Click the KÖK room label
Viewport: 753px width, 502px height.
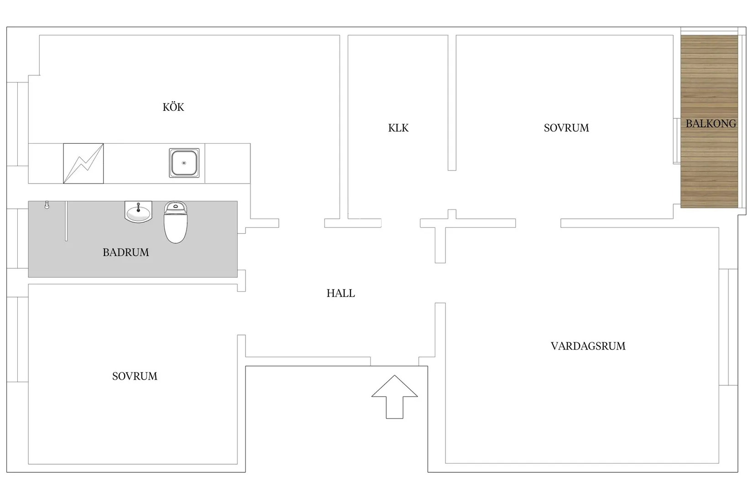[x=173, y=107]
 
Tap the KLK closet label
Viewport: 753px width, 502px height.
[x=398, y=128]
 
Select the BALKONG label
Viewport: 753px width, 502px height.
[x=711, y=124]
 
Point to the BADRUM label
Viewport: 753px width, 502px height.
[x=125, y=252]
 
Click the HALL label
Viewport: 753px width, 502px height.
[x=340, y=293]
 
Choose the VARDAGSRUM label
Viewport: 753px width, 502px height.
[x=588, y=346]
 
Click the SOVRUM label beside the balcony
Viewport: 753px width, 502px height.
[x=566, y=128]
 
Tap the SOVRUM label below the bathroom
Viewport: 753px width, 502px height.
[x=135, y=376]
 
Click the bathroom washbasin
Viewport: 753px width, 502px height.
[x=138, y=212]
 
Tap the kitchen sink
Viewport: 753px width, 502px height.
[x=184, y=163]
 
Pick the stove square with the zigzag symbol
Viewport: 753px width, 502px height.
[x=84, y=163]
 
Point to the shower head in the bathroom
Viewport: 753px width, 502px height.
[x=47, y=205]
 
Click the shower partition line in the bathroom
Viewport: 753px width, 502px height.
[x=67, y=221]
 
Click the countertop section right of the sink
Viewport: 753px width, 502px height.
[x=227, y=163]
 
